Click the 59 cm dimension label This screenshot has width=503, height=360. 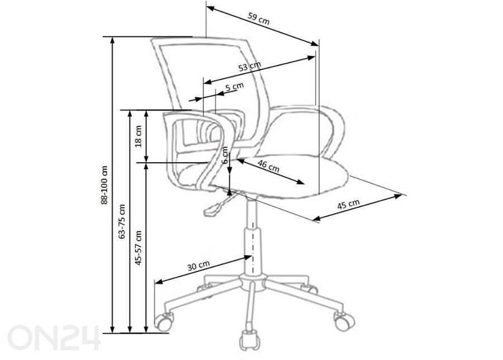[x=259, y=18]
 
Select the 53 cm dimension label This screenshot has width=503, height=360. [x=250, y=66]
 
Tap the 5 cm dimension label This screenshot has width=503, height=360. [x=235, y=87]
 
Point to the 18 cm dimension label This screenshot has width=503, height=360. [x=138, y=136]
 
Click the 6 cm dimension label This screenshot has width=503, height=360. [x=225, y=155]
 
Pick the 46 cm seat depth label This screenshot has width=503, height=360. [x=268, y=166]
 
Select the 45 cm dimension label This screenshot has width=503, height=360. [x=348, y=205]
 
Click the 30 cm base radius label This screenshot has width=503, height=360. [x=198, y=266]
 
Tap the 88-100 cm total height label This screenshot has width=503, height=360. [x=105, y=185]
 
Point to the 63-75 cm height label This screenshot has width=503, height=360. [x=122, y=221]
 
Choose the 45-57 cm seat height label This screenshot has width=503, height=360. [x=138, y=248]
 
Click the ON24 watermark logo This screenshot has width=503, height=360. [x=54, y=337]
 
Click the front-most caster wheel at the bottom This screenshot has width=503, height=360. [x=250, y=340]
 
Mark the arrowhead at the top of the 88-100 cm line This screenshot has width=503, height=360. [x=112, y=40]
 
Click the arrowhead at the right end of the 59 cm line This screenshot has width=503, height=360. [x=315, y=43]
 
